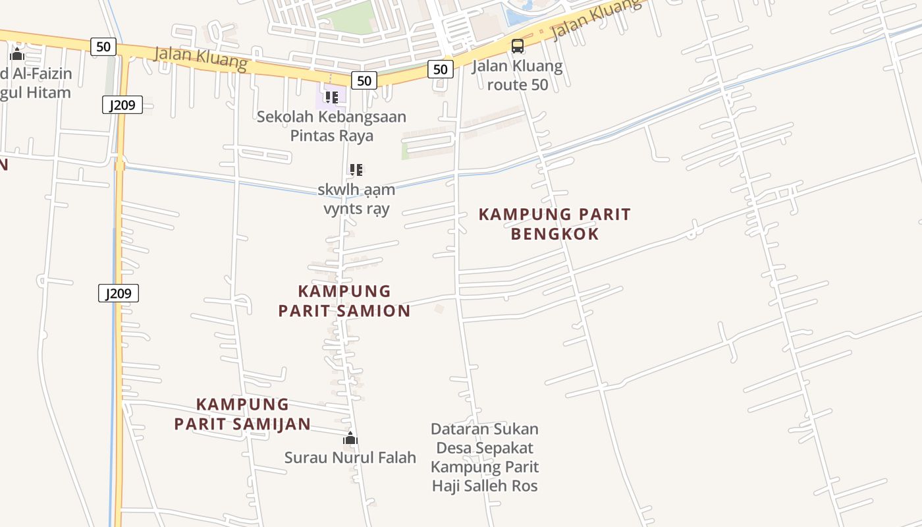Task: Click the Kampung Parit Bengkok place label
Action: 555,224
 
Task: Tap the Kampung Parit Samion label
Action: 344,301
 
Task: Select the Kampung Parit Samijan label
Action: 242,414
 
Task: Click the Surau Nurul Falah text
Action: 350,457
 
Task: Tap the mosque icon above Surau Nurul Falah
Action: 350,438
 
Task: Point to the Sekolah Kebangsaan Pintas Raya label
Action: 331,126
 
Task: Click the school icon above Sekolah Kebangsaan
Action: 331,97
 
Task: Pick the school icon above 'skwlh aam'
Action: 356,170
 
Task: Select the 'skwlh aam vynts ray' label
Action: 356,199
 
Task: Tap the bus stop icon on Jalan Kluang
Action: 518,46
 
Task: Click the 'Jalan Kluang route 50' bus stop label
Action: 518,75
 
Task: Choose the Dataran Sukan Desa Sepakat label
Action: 485,457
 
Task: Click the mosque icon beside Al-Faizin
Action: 17,54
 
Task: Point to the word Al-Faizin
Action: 41,73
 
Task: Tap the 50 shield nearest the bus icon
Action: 441,69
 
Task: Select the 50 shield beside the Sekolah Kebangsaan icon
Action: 364,80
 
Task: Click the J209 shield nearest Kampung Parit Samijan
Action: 119,293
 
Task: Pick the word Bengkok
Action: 555,234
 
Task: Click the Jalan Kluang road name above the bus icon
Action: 596,20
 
